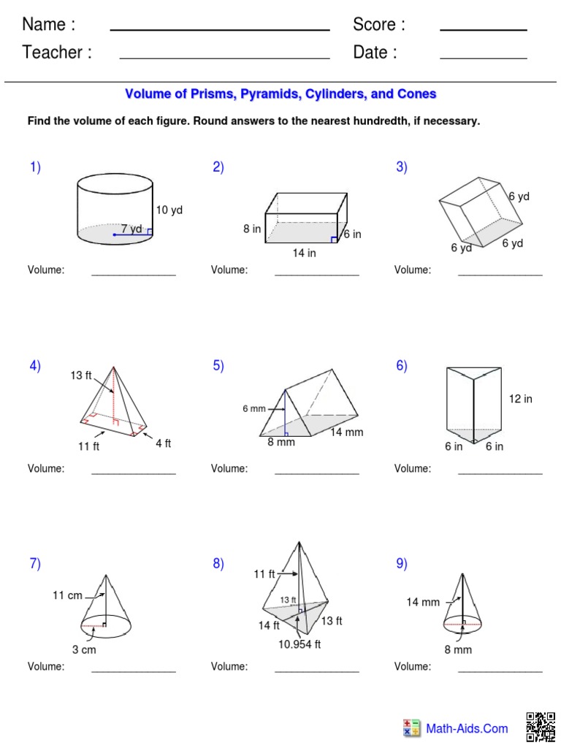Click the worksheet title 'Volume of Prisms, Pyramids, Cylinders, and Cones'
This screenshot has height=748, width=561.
pos(280,94)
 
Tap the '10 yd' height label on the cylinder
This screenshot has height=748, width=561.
pos(169,210)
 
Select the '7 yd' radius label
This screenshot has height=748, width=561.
pos(131,229)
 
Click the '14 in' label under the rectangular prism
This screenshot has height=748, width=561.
pos(303,253)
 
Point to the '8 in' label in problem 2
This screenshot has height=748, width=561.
pos(252,229)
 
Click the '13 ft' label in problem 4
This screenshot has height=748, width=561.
pos(81,375)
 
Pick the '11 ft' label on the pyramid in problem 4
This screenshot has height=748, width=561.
pos(89,446)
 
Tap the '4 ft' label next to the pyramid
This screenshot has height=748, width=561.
pos(163,443)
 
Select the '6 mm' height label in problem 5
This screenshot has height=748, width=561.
pos(254,409)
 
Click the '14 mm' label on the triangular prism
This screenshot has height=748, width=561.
pos(346,432)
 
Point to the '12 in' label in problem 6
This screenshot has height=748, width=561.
pos(521,399)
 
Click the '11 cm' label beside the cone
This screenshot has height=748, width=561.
pos(67,595)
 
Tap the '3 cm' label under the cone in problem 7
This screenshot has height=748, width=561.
pos(84,649)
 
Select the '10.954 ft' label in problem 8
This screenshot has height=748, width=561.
pos(299,644)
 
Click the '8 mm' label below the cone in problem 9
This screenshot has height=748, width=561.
pos(458,649)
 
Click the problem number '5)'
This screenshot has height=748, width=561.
pos(218,366)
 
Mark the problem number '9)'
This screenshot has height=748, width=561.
pos(402,563)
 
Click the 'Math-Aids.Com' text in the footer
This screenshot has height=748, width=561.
pos(467,728)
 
